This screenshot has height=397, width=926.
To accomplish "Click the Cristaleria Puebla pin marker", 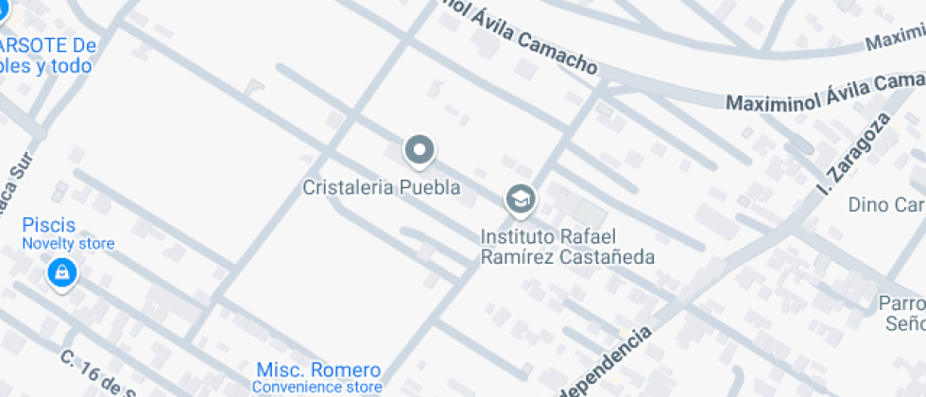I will click(419, 149).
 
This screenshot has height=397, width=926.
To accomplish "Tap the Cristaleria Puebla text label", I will click(381, 187).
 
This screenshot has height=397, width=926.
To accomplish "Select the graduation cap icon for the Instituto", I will click(519, 199).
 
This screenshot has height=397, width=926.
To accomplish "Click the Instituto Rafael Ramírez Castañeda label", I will click(567, 246).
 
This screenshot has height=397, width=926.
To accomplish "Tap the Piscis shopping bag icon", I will click(61, 273).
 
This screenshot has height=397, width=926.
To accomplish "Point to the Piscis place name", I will click(49, 226).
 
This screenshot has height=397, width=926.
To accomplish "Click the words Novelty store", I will click(68, 244).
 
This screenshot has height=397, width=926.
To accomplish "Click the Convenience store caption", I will click(317, 387).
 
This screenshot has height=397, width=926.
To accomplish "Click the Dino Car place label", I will click(885, 204).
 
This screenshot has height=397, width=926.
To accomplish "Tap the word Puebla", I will click(430, 187).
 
